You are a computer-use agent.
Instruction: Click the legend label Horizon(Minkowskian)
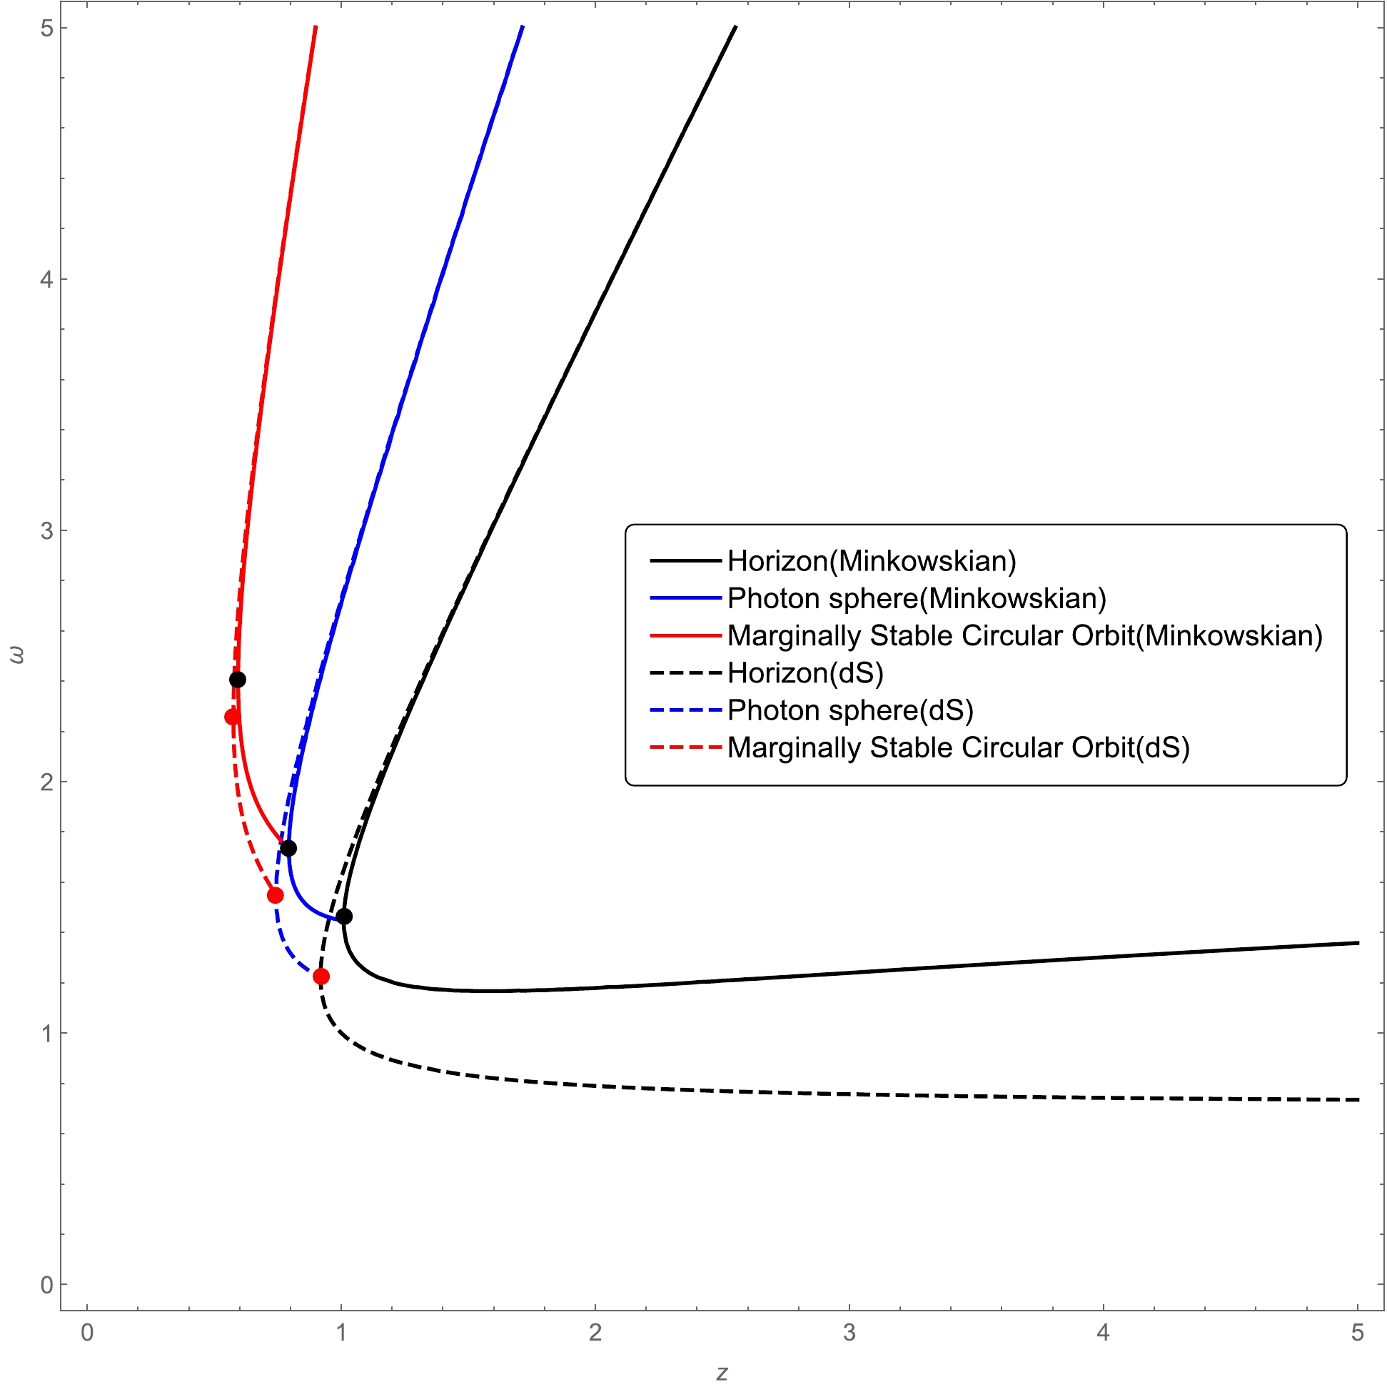(x=872, y=560)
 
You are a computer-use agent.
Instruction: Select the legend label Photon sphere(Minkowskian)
(x=917, y=598)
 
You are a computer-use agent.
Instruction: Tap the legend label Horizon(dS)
(x=805, y=672)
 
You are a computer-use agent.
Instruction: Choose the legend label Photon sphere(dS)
(x=850, y=710)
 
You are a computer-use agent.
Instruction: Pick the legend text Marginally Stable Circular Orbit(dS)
(x=959, y=747)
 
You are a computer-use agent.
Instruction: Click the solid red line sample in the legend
(x=685, y=635)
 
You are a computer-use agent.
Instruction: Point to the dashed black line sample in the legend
(x=685, y=672)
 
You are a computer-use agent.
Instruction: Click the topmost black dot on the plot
(x=238, y=680)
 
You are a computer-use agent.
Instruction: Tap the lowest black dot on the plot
(x=344, y=916)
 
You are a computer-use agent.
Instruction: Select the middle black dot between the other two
(x=288, y=849)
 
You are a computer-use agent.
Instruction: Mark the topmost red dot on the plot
(x=232, y=717)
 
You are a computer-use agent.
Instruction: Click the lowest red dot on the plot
(x=321, y=977)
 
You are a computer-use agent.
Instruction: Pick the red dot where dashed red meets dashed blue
(x=275, y=895)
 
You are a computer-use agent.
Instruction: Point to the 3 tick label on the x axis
(x=849, y=1333)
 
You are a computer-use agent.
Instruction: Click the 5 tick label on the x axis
(x=1357, y=1333)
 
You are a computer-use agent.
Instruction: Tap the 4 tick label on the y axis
(x=46, y=279)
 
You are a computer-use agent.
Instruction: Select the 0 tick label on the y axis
(x=46, y=1284)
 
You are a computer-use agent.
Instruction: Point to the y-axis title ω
(x=16, y=655)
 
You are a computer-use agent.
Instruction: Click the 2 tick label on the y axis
(x=46, y=782)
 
